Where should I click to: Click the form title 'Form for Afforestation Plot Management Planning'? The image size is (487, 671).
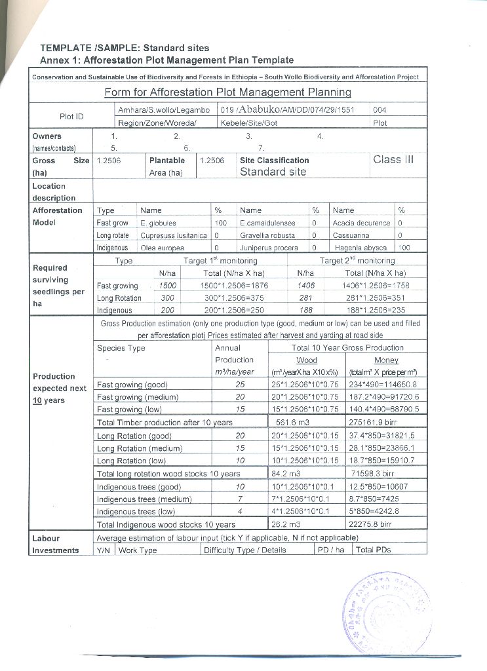pyautogui.click(x=227, y=92)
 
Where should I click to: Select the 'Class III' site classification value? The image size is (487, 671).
pyautogui.click(x=393, y=160)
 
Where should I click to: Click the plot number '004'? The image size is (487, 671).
pyautogui.click(x=381, y=110)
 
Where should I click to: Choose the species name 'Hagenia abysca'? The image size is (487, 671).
pyautogui.click(x=362, y=248)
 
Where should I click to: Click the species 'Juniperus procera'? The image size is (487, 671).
pyautogui.click(x=269, y=248)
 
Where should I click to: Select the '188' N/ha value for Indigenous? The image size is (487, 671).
pyautogui.click(x=306, y=311)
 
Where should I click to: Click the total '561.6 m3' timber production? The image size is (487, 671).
pyautogui.click(x=293, y=423)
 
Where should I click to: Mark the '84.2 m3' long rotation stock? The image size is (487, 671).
pyautogui.click(x=286, y=473)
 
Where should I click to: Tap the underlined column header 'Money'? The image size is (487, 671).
pyautogui.click(x=386, y=360)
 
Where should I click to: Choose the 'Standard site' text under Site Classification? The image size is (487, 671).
pyautogui.click(x=273, y=172)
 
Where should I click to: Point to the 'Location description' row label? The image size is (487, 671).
pyautogui.click(x=54, y=192)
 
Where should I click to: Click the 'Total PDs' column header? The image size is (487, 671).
pyautogui.click(x=373, y=550)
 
